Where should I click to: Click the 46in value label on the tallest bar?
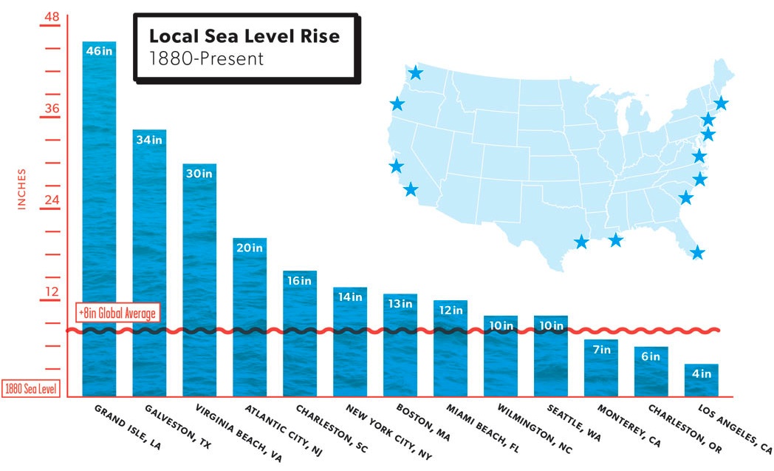point(99,51)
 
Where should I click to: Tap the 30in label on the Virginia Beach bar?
point(199,174)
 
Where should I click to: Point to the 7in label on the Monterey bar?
point(600,349)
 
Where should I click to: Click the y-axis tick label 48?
point(52,17)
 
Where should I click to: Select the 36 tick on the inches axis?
point(52,109)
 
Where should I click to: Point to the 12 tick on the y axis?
point(52,291)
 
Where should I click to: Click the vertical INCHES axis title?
point(21,189)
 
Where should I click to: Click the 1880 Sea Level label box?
point(31,389)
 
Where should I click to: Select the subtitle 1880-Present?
point(206,58)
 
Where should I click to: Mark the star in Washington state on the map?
point(416,72)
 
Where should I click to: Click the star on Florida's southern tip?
point(697,253)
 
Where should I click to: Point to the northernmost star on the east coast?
point(721,103)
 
